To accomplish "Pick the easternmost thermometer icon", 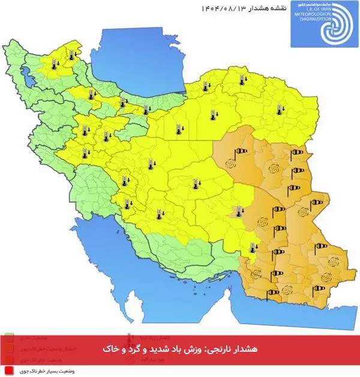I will [278, 110].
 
